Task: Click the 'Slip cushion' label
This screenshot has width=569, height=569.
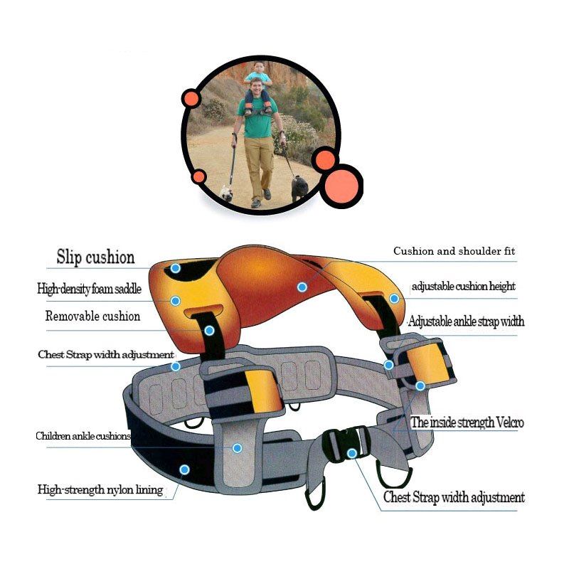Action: pos(95,257)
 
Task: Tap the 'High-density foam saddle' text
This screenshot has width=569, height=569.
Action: pos(89,289)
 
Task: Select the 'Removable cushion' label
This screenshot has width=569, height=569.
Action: pos(92,317)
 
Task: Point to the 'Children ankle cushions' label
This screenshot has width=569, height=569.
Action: pos(83,436)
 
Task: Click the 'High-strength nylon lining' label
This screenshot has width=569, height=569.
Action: pos(100,489)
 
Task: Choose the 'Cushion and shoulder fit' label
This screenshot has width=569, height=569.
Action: pos(454,252)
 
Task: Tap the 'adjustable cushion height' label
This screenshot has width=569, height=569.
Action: pos(463,287)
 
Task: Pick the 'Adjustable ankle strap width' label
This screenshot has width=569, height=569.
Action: pos(466,321)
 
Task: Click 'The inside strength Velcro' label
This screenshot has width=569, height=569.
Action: pos(467,422)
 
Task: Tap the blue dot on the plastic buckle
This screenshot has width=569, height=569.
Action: pos(351,453)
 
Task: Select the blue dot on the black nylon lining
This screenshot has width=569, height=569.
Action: pos(184,469)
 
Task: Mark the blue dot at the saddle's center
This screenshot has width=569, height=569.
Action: pos(302,287)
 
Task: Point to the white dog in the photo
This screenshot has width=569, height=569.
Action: pos(227,192)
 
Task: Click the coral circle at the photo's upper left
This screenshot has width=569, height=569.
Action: pos(190,98)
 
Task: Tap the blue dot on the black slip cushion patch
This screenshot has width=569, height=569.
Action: pos(176,269)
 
